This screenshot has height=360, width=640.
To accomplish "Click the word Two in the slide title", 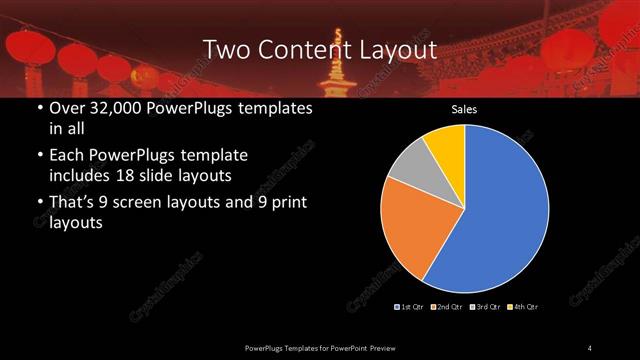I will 225,49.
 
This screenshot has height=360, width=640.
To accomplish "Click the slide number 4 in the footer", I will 590,347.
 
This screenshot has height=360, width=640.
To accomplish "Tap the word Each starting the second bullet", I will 67,156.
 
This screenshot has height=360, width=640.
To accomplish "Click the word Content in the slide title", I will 301,49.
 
